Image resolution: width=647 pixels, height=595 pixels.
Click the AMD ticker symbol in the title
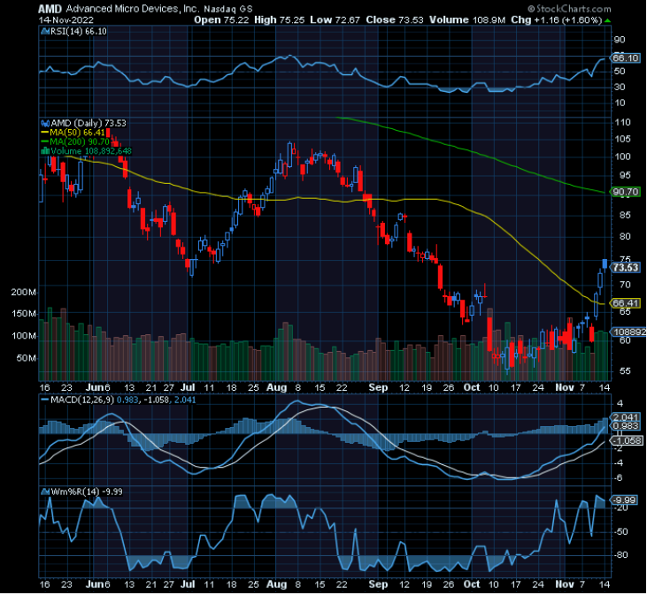pyautogui.click(x=49, y=8)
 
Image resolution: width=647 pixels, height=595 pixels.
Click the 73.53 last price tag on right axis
pyautogui.click(x=626, y=267)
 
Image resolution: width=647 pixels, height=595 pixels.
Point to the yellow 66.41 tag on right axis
pyautogui.click(x=626, y=303)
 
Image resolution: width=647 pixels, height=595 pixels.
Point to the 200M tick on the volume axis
pyautogui.click(x=23, y=292)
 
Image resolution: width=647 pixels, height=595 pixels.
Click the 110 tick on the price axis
pyautogui.click(x=622, y=122)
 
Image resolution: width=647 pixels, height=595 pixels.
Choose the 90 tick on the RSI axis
pyautogui.click(x=620, y=39)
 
